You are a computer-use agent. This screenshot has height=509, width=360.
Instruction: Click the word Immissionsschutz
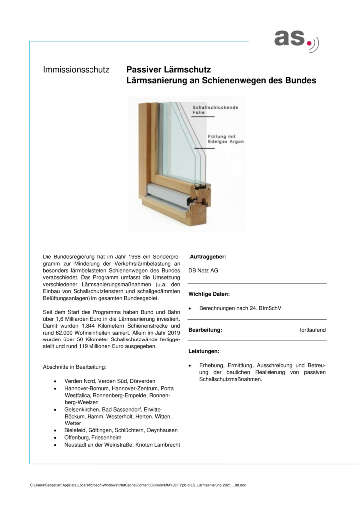pyautogui.click(x=77, y=70)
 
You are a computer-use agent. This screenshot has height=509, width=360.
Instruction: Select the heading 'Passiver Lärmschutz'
pyautogui.click(x=169, y=70)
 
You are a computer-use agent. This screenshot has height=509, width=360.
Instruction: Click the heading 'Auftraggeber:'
pyautogui.click(x=208, y=257)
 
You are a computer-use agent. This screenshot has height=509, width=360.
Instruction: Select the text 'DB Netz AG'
pyautogui.click(x=203, y=271)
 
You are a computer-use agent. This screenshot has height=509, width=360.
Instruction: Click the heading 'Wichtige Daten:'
pyautogui.click(x=209, y=294)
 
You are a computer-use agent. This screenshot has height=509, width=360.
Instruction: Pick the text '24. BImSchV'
pyautogui.click(x=265, y=308)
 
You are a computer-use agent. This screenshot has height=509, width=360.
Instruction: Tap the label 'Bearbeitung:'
pyautogui.click(x=205, y=330)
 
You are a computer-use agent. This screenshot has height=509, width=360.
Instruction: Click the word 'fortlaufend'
pyautogui.click(x=313, y=330)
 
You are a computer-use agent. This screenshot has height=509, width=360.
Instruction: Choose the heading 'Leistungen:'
pyautogui.click(x=204, y=351)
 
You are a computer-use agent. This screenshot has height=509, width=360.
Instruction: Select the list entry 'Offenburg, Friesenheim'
pyautogui.click(x=93, y=437)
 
